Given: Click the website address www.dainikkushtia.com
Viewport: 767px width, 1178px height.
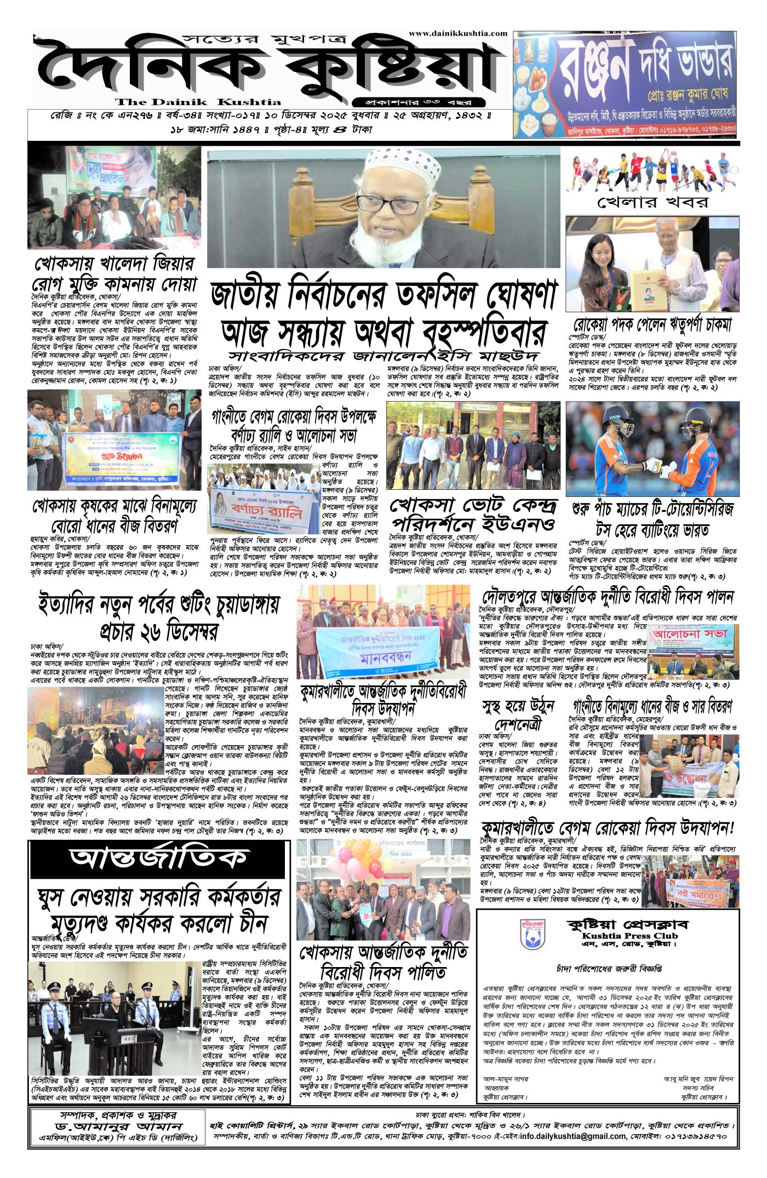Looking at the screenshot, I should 458,33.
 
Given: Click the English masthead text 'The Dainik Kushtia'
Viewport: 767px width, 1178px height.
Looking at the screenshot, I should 198,102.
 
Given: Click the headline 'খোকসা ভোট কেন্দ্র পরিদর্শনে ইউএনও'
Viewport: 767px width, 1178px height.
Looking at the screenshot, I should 473,513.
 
